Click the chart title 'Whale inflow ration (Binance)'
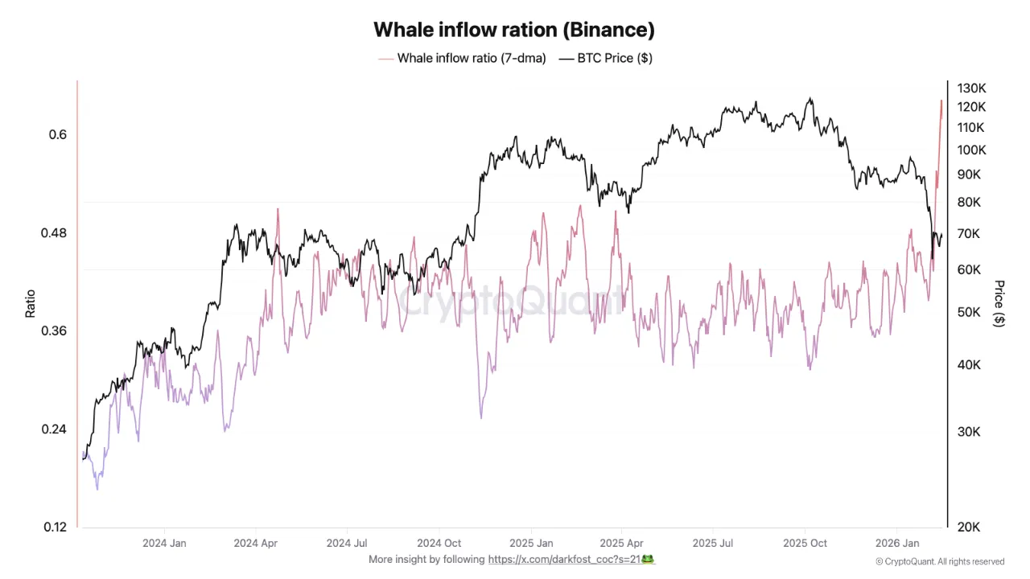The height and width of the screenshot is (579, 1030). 514,30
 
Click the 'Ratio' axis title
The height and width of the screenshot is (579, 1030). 31,303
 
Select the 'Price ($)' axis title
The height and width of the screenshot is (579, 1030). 999,303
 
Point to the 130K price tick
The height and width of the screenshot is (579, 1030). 971,88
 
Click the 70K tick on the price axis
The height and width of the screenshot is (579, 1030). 968,234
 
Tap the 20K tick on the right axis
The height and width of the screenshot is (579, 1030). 968,528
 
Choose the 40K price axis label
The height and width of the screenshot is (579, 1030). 968,365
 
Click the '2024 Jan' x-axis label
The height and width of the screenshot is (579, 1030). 164,543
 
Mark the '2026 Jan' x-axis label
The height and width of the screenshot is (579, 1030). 898,543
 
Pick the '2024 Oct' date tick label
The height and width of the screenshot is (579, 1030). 440,543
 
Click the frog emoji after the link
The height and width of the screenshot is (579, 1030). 647,559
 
